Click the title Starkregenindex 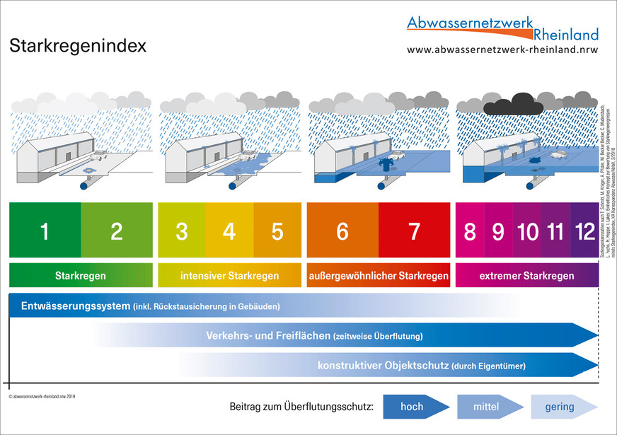(x=78, y=47)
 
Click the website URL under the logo (x=502, y=50)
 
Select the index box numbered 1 (x=45, y=231)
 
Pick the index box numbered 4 (x=229, y=231)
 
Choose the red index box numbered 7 (x=414, y=231)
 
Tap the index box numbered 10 (x=528, y=231)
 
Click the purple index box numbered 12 (x=584, y=231)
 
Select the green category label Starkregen (x=81, y=275)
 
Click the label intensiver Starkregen (x=229, y=275)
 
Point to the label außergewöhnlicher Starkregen (x=379, y=275)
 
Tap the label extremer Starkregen (x=527, y=275)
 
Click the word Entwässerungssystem (x=76, y=306)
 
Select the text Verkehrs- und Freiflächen (x=267, y=336)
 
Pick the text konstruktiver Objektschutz (x=383, y=366)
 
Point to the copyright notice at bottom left (x=42, y=397)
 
